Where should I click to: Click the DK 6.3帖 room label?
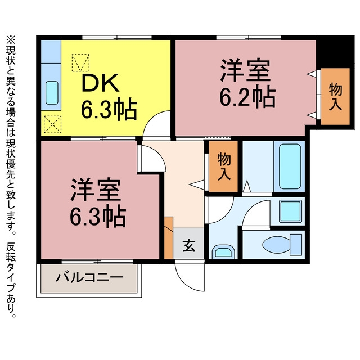[x=109, y=96]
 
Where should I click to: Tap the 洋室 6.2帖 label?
[x=247, y=83]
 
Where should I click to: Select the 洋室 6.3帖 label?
[x=98, y=202]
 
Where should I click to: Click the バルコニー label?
[x=89, y=277]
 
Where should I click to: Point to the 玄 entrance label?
[x=189, y=246]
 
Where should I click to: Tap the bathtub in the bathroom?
[x=290, y=166]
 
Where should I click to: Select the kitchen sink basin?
[x=52, y=93]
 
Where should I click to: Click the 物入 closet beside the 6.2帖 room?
[x=335, y=97]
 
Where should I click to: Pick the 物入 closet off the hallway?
[x=223, y=166]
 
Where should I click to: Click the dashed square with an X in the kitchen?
[x=52, y=124]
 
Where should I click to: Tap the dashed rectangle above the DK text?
[x=80, y=62]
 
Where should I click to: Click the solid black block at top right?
[x=335, y=51]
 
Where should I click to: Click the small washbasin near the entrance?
[x=223, y=253]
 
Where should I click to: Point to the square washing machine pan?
[x=290, y=211]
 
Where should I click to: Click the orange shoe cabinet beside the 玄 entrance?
[x=169, y=238]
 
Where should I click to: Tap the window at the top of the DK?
[x=117, y=38]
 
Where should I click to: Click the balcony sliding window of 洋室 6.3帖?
[x=97, y=262]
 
